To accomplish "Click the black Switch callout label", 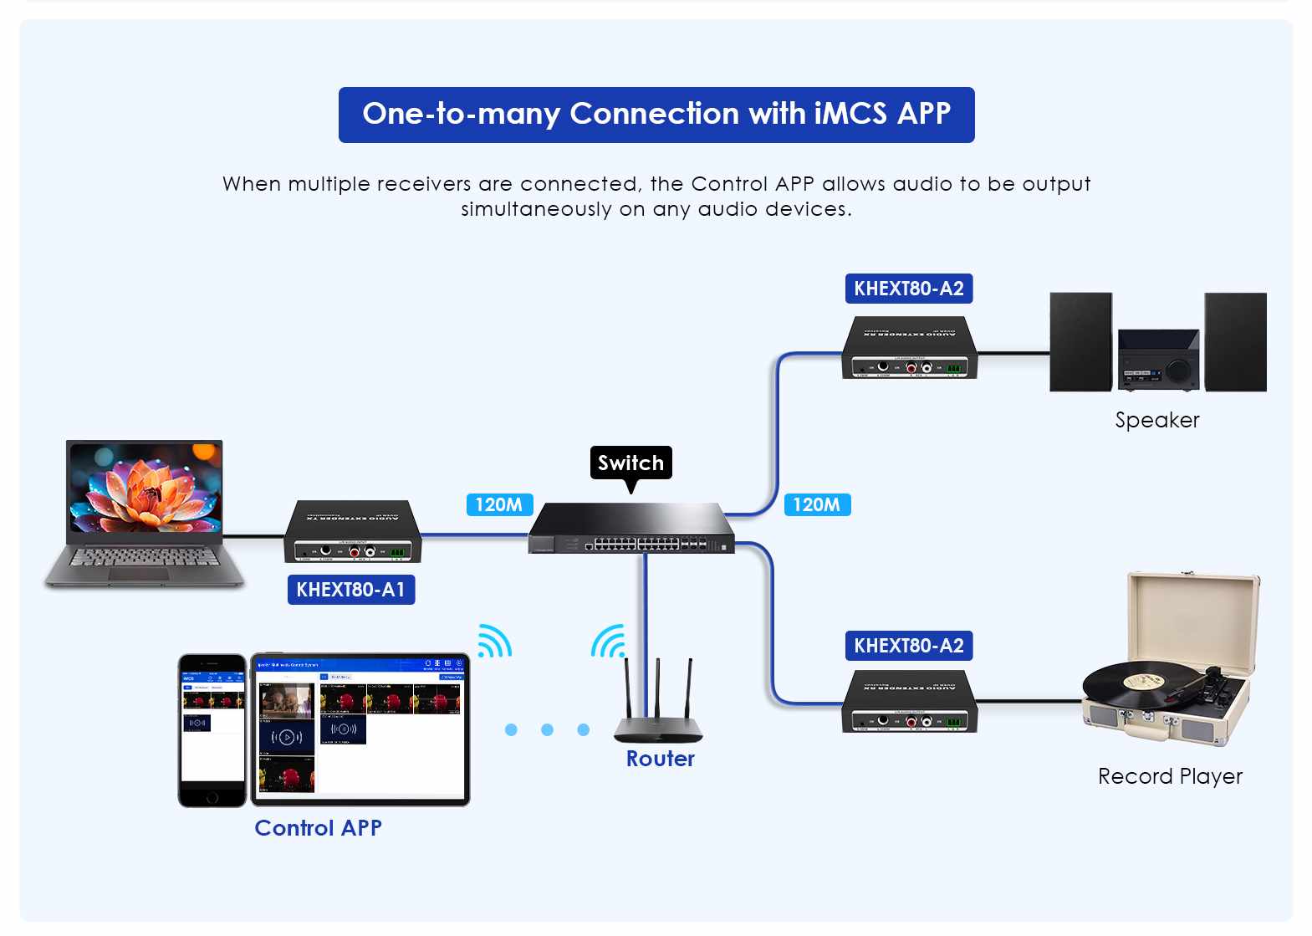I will [630, 463].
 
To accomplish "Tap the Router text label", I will [660, 759].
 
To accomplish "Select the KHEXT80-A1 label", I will [350, 590].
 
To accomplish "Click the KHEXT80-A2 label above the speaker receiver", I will [908, 289].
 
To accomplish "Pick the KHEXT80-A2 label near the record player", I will [908, 646].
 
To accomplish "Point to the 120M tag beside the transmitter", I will [498, 504].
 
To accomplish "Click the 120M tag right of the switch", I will [816, 504].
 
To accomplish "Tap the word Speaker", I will [1156, 420].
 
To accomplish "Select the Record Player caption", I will [1169, 776].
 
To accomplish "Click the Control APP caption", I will [318, 828].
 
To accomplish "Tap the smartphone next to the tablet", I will [212, 730].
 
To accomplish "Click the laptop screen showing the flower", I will [145, 487].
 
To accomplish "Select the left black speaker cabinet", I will [1080, 341].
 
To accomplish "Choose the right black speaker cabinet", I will [1235, 341].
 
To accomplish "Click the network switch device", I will [631, 529].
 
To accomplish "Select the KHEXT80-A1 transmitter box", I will [352, 532].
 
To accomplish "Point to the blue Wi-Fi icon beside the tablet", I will [493, 642].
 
